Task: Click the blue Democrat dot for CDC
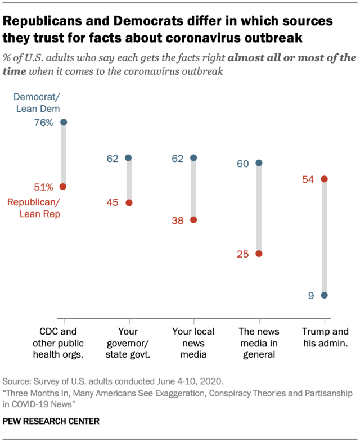[64, 122]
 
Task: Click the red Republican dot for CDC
[64, 186]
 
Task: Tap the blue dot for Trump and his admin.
[324, 295]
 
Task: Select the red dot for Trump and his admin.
[324, 179]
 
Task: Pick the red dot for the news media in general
[259, 254]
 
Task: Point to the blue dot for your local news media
[193, 158]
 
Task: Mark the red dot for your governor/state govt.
[129, 202]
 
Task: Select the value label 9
[310, 295]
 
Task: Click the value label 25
[242, 254]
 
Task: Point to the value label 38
[177, 221]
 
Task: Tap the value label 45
[112, 203]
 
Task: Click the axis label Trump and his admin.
[325, 337]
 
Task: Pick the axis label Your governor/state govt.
[129, 342]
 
